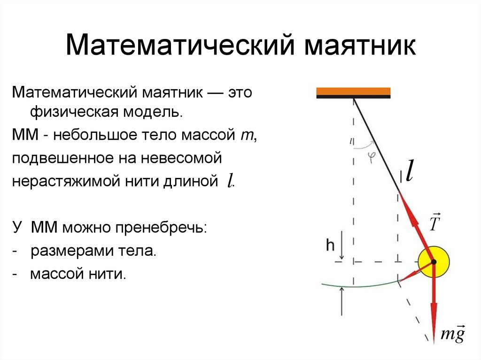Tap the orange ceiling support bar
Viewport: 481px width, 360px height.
click(353, 91)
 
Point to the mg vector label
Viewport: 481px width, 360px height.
click(453, 335)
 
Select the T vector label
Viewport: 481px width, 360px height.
click(435, 223)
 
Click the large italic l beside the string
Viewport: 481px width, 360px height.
click(409, 171)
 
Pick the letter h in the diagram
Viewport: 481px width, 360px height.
click(331, 244)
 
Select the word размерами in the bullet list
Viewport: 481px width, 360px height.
click(70, 251)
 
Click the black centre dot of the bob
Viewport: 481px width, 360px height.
click(433, 261)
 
